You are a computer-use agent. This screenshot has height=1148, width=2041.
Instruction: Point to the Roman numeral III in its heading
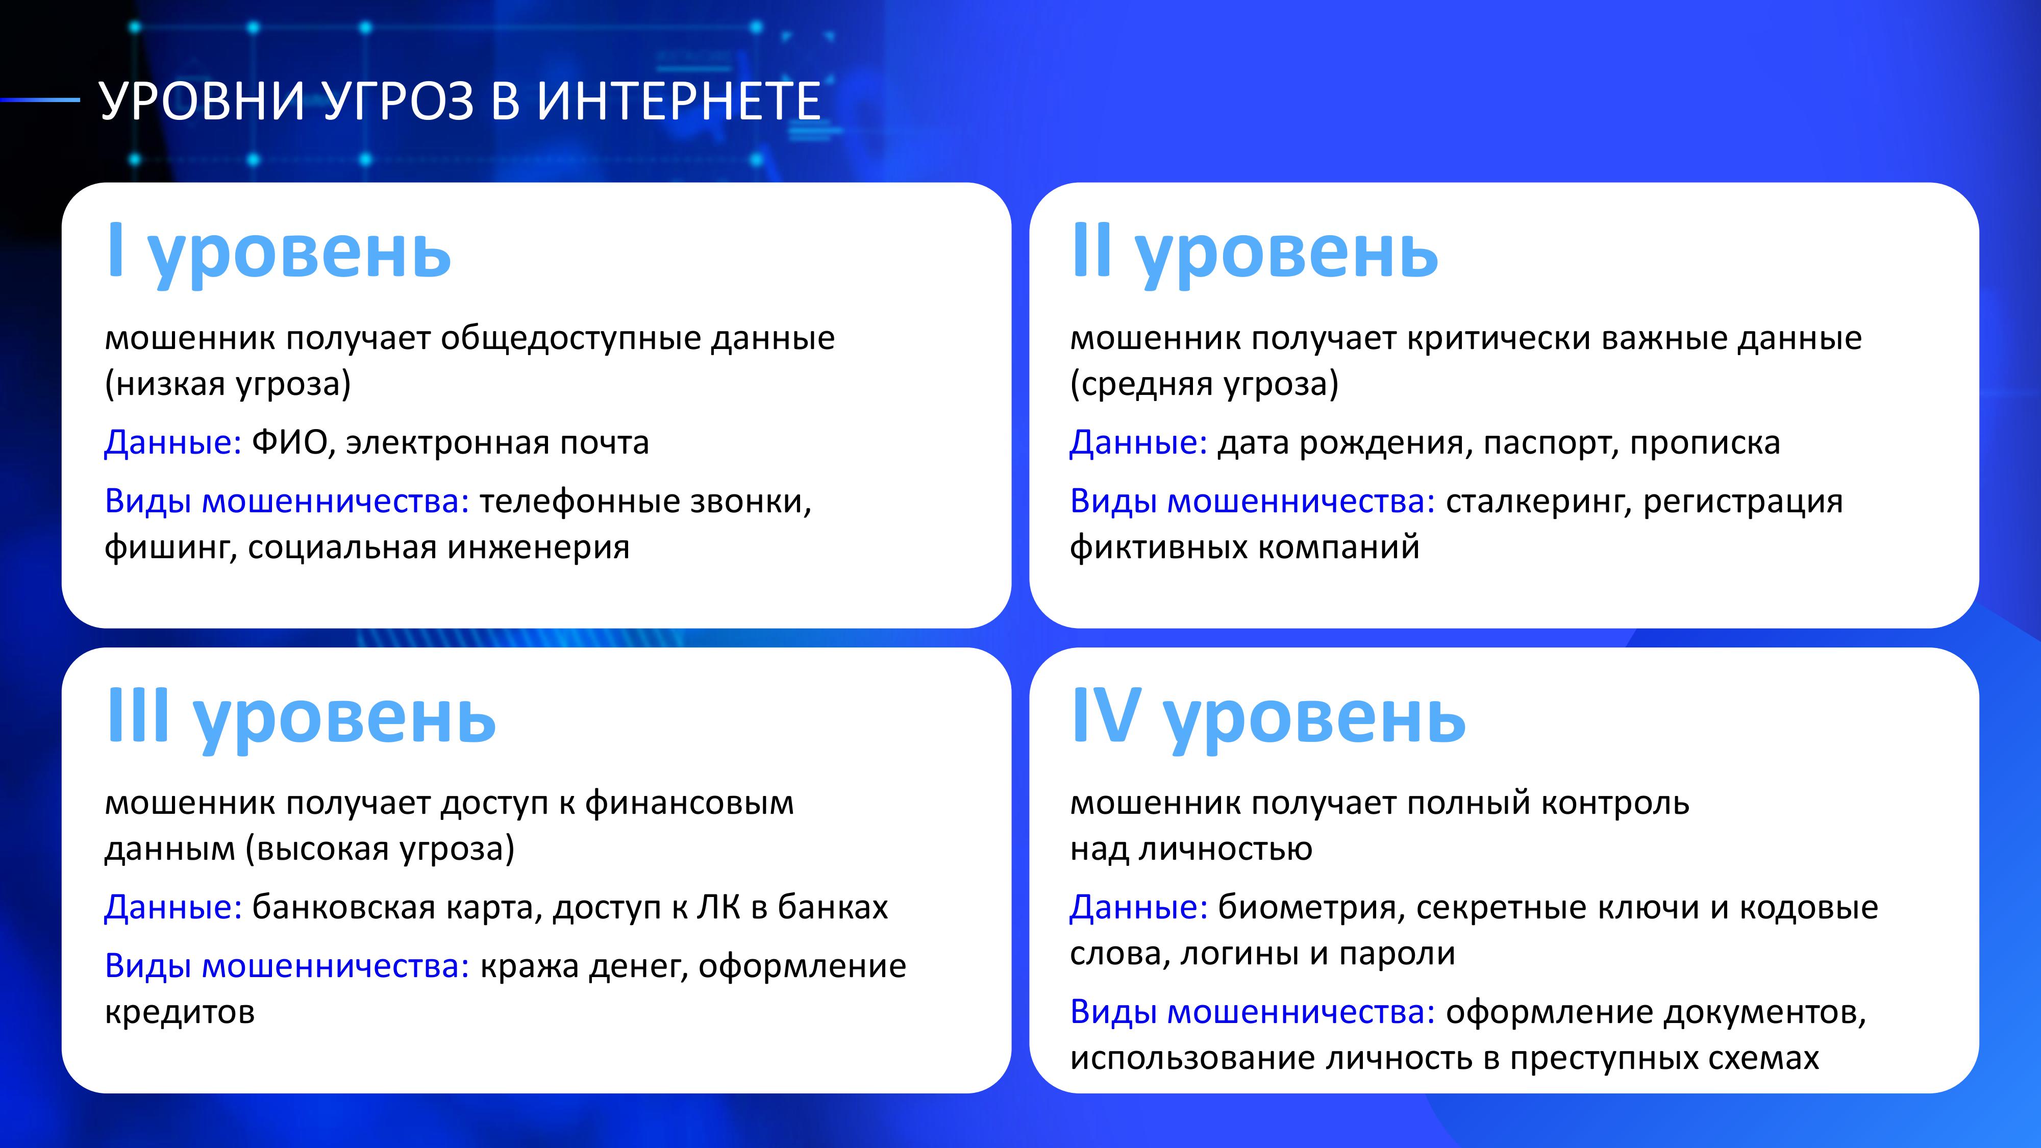pyautogui.click(x=139, y=715)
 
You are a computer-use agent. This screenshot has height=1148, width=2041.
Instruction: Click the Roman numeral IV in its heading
pyautogui.click(x=1106, y=715)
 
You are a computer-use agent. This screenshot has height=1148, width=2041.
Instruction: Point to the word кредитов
pyautogui.click(x=180, y=1012)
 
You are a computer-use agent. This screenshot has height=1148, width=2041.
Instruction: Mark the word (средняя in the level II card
pyautogui.click(x=1142, y=384)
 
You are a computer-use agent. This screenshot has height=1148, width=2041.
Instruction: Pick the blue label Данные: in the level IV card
pyautogui.click(x=1138, y=907)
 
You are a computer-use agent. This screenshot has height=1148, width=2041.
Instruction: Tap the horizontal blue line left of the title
pyautogui.click(x=40, y=100)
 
